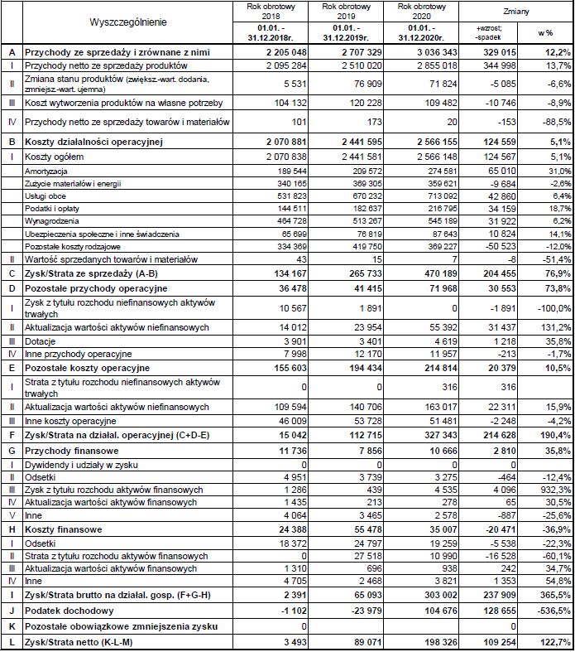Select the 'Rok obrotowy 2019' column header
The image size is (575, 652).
[347, 11]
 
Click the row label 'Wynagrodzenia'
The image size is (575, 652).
[51, 221]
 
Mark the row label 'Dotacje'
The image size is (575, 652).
[41, 340]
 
